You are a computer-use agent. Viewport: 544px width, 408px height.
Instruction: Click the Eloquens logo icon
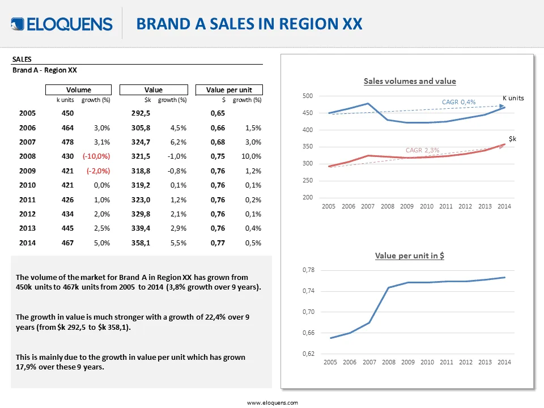[x=18, y=24]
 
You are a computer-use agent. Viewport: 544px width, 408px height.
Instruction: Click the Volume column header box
[x=78, y=90]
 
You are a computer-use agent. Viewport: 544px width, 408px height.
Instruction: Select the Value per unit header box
[x=229, y=90]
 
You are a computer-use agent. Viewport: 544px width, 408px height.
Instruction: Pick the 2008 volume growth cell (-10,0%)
[x=96, y=156]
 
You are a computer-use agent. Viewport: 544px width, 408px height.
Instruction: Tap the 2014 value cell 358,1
[x=141, y=243]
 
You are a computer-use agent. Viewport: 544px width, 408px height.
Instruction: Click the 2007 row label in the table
[x=27, y=142]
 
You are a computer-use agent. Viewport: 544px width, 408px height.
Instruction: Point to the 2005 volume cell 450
[x=67, y=113]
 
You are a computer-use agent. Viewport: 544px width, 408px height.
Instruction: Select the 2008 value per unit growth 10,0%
[x=251, y=156]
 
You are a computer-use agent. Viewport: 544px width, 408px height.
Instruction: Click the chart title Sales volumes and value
[x=410, y=81]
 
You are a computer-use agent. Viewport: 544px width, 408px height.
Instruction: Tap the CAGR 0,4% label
[x=458, y=102]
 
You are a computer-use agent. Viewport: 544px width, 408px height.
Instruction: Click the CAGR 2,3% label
[x=423, y=150]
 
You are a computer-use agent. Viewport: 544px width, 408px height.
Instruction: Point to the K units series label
[x=513, y=98]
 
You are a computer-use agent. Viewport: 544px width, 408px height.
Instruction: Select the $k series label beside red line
[x=512, y=139]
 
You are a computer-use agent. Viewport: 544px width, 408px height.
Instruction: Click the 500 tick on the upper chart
[x=308, y=96]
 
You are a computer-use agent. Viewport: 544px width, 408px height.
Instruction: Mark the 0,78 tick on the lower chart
[x=308, y=270]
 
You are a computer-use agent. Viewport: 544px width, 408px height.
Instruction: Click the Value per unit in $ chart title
[x=409, y=256]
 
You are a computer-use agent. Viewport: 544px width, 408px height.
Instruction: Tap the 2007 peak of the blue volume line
[x=368, y=103]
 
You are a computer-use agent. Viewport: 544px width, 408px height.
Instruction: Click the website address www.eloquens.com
[x=273, y=403]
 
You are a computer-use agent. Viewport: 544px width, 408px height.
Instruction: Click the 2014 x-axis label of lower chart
[x=504, y=362]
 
